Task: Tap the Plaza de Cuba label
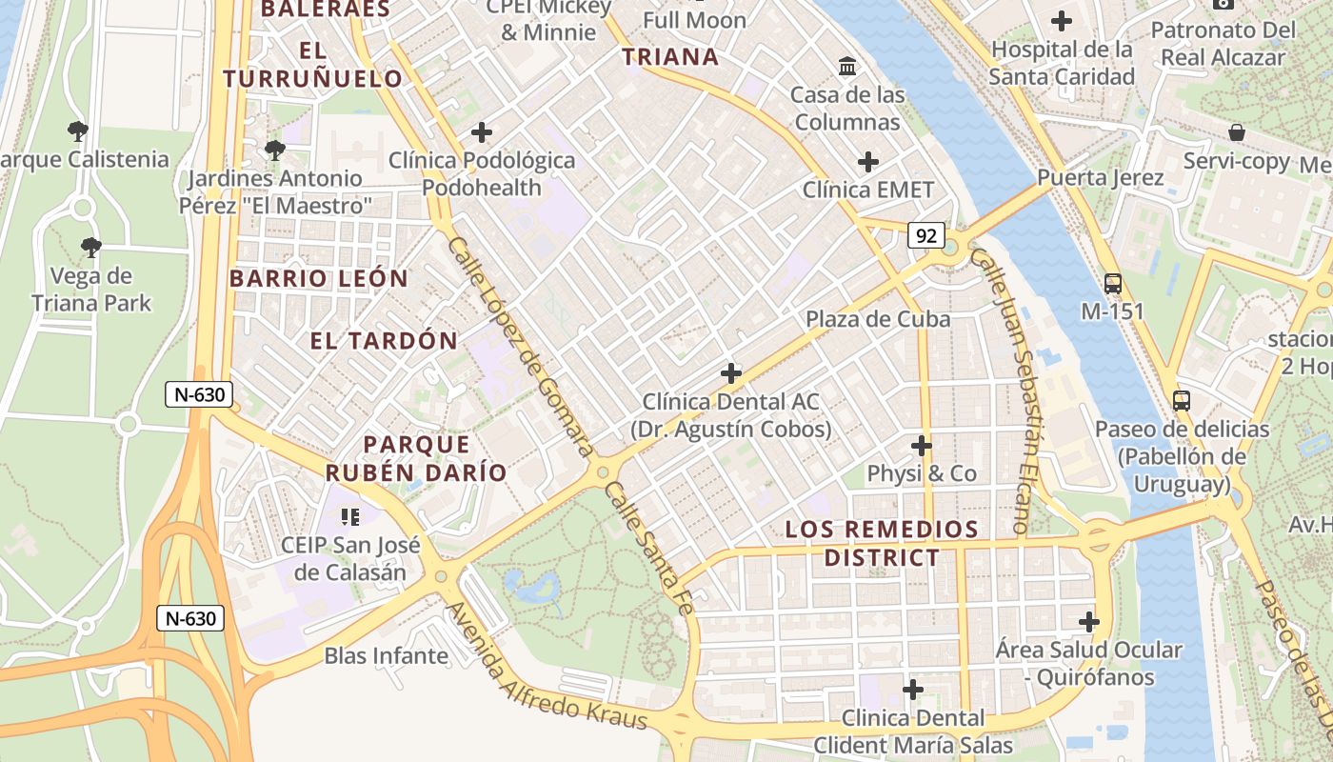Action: point(878,319)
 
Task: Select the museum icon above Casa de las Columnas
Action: point(847,66)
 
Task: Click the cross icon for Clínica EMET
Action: point(867,162)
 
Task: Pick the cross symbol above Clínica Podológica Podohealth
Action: point(482,132)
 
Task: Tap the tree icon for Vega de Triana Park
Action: point(90,248)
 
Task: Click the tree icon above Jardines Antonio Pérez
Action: point(275,150)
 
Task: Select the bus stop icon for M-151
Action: point(1112,283)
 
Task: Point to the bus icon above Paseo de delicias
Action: point(1182,400)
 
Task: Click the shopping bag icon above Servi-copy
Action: point(1236,132)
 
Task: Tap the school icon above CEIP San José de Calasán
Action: point(349,517)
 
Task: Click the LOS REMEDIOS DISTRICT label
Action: point(882,543)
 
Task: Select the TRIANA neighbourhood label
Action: point(670,57)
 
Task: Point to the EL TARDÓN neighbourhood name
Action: point(384,340)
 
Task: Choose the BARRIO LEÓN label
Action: point(318,279)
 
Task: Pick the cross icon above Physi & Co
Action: point(921,445)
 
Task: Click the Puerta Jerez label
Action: point(1100,178)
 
